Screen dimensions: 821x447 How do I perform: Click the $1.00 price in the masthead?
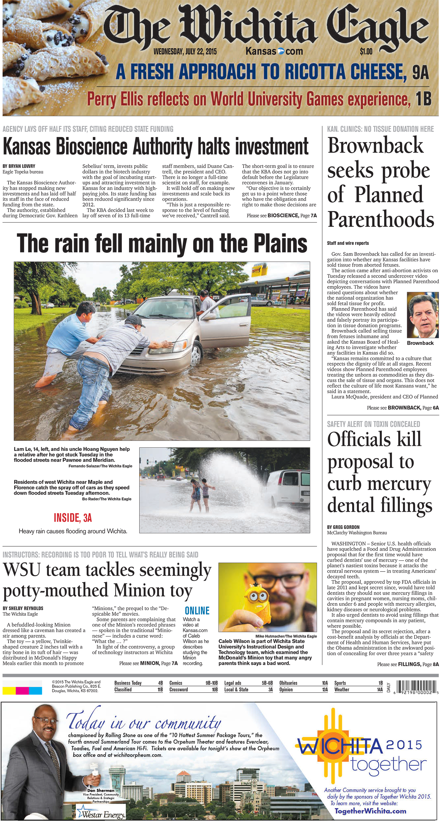[366, 51]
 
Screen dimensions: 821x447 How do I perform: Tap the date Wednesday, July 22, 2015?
[185, 52]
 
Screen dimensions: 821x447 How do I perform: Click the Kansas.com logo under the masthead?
[274, 51]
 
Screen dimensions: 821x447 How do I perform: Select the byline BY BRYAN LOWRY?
[19, 166]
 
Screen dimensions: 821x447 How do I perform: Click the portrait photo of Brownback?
[422, 315]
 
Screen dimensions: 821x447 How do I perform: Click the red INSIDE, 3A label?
[73, 518]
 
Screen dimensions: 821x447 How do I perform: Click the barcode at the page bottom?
[416, 686]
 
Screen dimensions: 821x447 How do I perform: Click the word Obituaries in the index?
[288, 683]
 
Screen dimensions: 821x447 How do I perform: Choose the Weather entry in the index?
[342, 690]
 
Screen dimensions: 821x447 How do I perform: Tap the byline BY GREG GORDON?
[343, 527]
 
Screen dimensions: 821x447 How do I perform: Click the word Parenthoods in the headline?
[381, 219]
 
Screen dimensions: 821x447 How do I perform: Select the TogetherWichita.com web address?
[370, 811]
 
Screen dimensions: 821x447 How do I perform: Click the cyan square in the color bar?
[35, 691]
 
